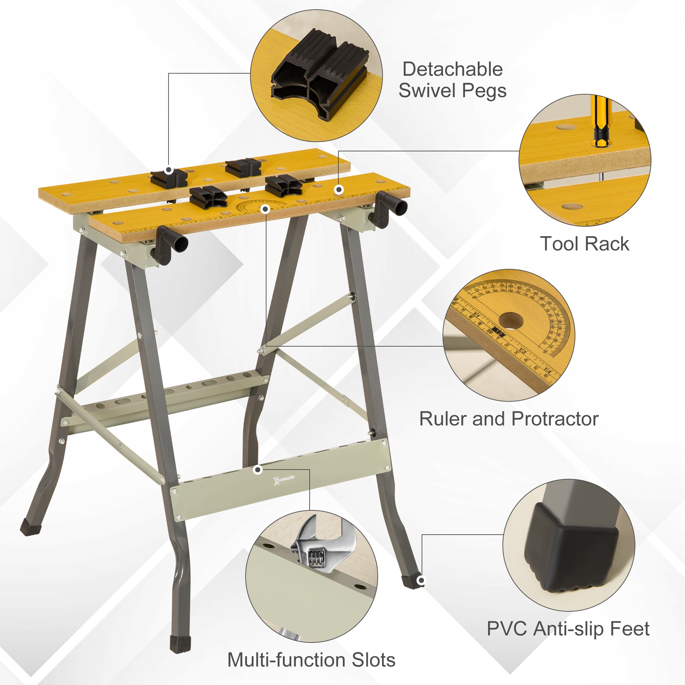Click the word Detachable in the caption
(452, 69)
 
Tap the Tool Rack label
(585, 244)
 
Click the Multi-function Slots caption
(311, 660)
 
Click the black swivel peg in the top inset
(319, 74)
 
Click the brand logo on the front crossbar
(283, 480)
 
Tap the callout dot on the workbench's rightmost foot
(421, 581)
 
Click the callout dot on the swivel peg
(169, 170)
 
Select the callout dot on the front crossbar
(258, 470)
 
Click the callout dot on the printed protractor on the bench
(265, 209)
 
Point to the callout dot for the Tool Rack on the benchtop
(339, 190)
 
